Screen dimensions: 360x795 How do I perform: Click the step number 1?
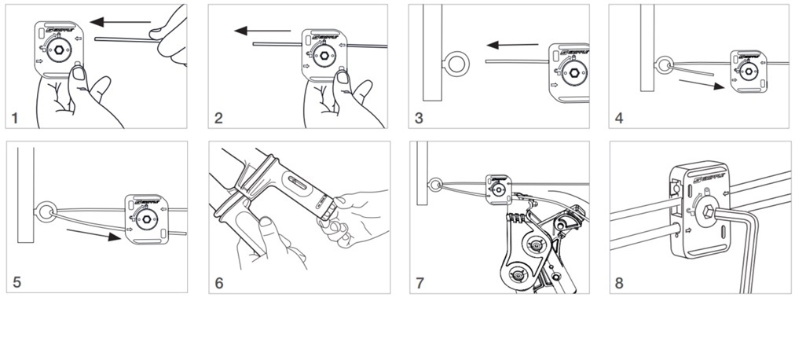(x=14, y=119)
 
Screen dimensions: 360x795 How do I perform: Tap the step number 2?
(x=218, y=119)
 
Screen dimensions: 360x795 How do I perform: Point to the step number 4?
(x=620, y=119)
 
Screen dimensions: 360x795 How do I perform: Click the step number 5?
(x=16, y=282)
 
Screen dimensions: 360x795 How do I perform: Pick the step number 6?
(x=218, y=282)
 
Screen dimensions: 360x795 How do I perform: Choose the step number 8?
(x=620, y=282)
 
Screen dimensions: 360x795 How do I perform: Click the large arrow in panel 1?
(x=120, y=21)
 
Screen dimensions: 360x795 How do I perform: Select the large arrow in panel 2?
(x=262, y=31)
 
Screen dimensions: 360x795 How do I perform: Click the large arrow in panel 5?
(x=93, y=234)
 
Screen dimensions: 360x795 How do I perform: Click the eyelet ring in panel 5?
(x=46, y=210)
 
